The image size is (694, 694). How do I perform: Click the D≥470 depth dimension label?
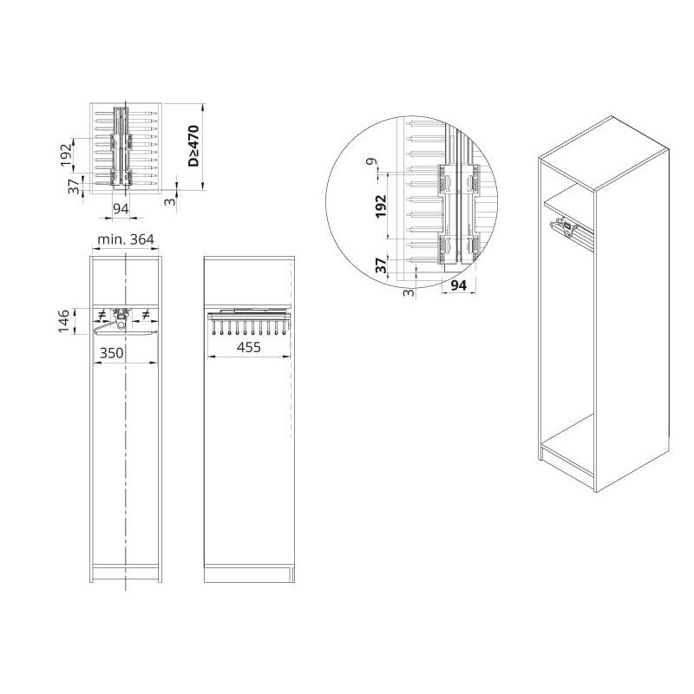(x=193, y=146)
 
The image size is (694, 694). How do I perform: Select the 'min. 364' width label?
(x=126, y=239)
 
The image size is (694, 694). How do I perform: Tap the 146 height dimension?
(x=63, y=321)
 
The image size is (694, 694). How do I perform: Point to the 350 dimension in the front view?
(x=111, y=353)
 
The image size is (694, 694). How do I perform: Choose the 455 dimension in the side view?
(x=249, y=347)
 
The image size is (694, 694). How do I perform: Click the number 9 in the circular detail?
(x=376, y=161)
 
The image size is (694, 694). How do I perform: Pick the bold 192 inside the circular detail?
(x=381, y=206)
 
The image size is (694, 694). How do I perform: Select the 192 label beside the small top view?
(x=66, y=154)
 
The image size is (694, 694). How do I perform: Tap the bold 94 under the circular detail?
(x=458, y=285)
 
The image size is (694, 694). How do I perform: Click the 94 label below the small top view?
(x=121, y=208)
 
